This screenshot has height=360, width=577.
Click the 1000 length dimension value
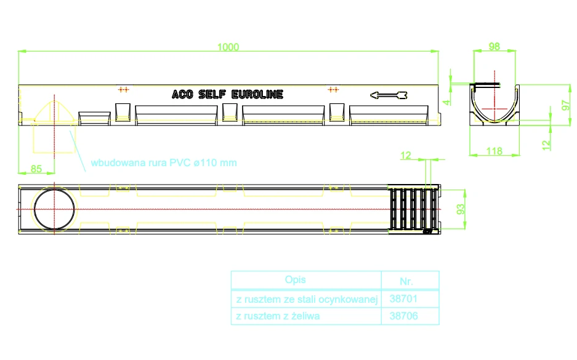click(228, 47)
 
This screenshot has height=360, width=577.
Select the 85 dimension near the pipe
click(36, 169)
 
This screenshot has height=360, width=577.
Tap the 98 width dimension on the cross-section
click(494, 46)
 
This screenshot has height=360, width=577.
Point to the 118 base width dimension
click(494, 151)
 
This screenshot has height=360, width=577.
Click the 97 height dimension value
click(565, 105)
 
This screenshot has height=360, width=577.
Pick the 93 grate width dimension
click(461, 209)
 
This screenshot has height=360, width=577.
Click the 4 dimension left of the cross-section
click(446, 103)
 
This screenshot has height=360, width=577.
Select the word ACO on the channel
click(182, 95)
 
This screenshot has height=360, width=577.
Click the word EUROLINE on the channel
click(257, 95)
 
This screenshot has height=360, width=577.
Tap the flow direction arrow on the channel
click(389, 95)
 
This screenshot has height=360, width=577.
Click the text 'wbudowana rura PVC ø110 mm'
click(164, 163)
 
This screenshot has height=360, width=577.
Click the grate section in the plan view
click(414, 209)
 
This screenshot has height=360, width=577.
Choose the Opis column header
click(295, 280)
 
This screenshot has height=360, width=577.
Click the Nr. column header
click(406, 281)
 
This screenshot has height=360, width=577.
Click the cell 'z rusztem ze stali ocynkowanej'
click(307, 299)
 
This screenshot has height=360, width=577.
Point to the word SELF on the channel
click(212, 95)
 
